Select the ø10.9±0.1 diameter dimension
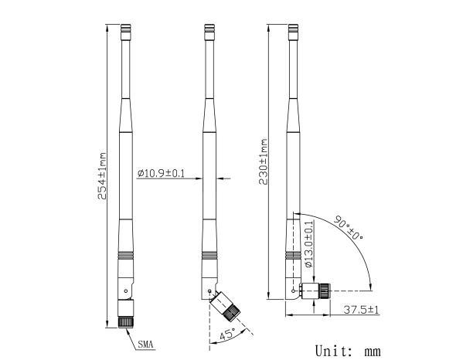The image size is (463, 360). pos(161,173)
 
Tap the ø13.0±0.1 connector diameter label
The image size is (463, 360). pos(309,244)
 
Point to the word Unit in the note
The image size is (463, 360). pos(335,350)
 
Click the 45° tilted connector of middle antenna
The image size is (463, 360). pos(227,307)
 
